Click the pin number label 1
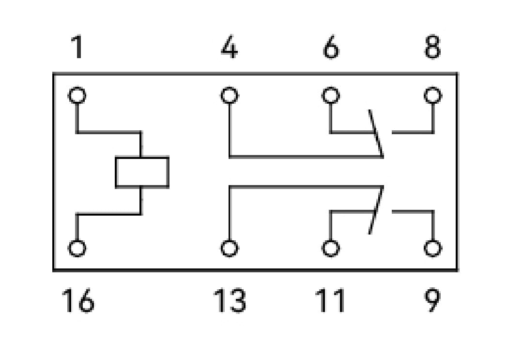click(x=77, y=47)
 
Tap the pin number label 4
click(x=229, y=47)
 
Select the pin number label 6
click(x=330, y=47)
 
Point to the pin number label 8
click(x=432, y=47)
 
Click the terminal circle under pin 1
click(x=77, y=95)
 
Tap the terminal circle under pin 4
click(x=230, y=95)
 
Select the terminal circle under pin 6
click(x=331, y=95)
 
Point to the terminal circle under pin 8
click(x=432, y=95)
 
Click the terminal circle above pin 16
click(x=77, y=248)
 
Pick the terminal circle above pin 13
click(x=230, y=248)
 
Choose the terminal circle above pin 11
click(x=331, y=248)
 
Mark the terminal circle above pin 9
click(x=432, y=248)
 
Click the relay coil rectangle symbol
click(x=142, y=172)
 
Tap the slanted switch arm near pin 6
click(x=376, y=133)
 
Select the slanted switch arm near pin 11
click(x=376, y=210)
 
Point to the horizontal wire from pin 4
click(x=305, y=157)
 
